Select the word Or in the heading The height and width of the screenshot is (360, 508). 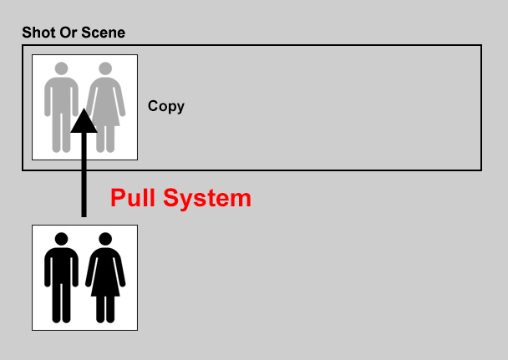coord(69,33)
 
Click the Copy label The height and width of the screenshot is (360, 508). coord(166,106)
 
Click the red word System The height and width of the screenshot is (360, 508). coord(207,198)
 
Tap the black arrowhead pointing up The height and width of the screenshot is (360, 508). coord(84,120)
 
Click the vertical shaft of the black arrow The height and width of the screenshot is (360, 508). coord(84,175)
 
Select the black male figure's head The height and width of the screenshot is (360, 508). coord(62,239)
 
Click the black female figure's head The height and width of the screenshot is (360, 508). coord(105,239)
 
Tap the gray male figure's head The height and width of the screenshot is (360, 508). coord(62,68)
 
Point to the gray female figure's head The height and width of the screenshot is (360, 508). coord(105,68)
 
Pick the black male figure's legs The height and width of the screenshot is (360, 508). coord(62,303)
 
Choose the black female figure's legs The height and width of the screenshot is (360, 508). coord(105,310)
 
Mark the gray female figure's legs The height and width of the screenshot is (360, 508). coord(105,139)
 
